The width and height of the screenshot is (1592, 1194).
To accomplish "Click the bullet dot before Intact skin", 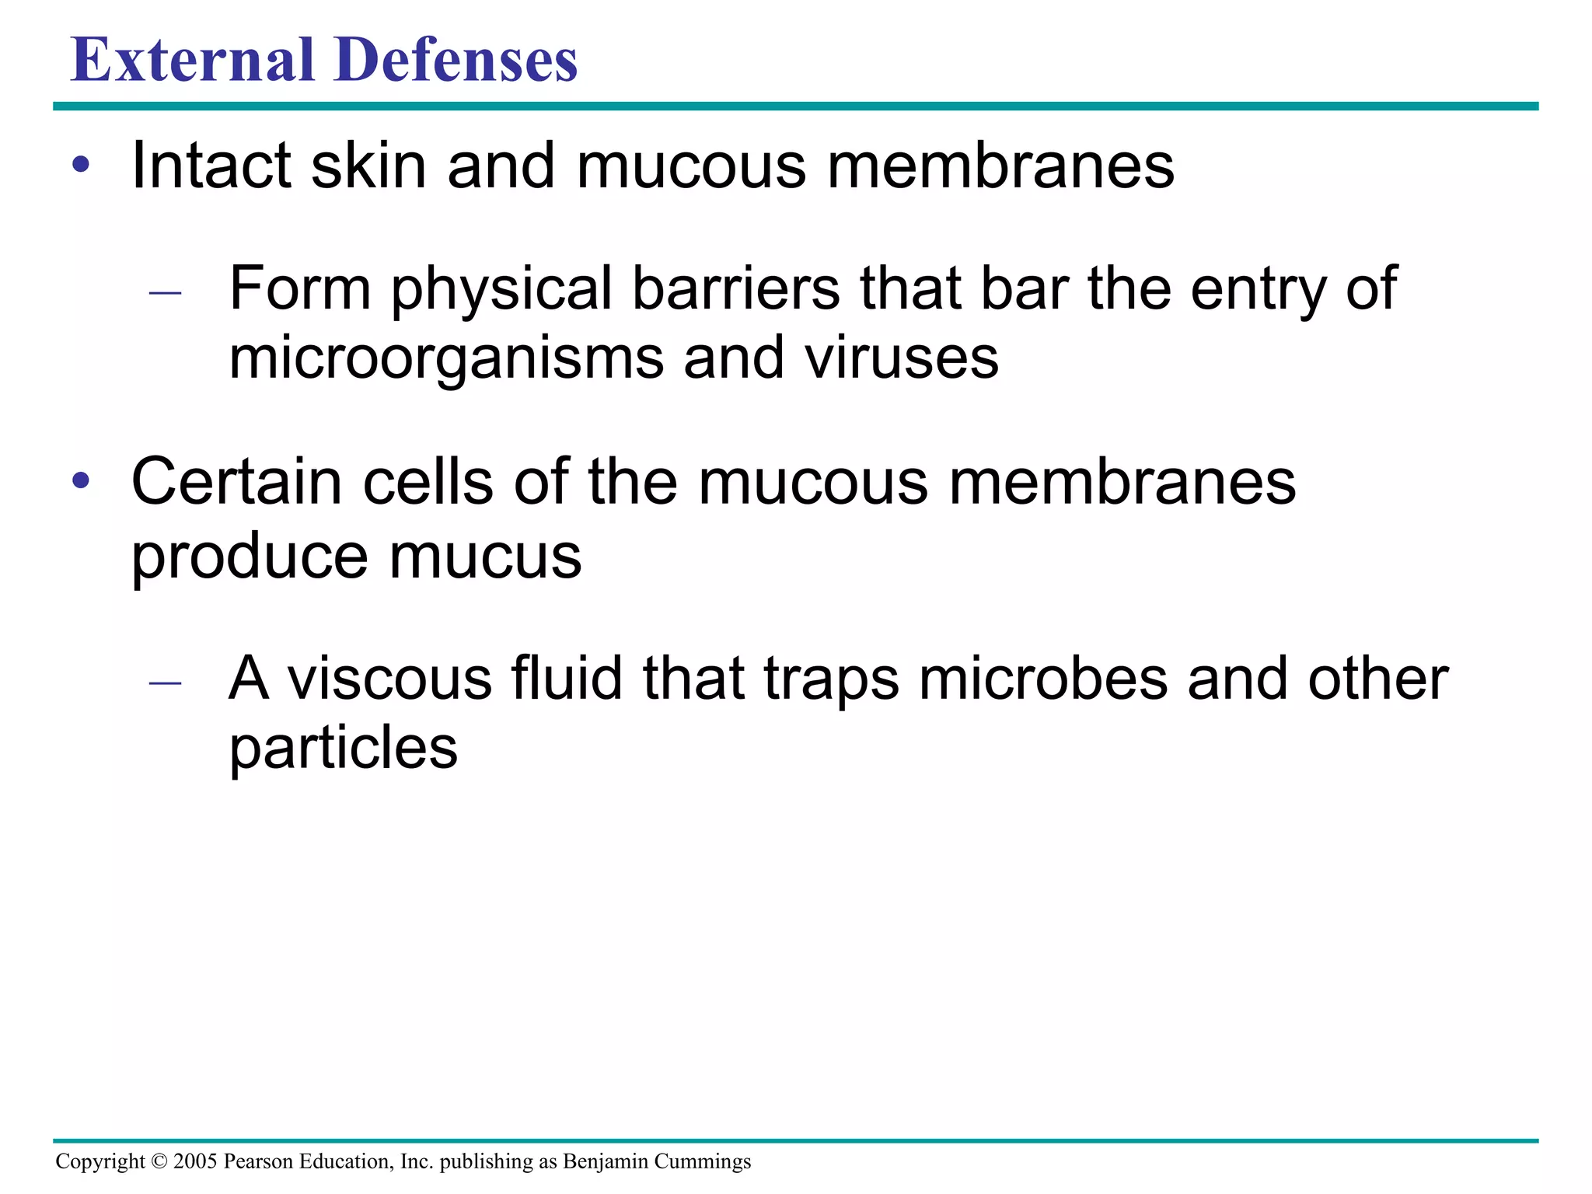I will [81, 166].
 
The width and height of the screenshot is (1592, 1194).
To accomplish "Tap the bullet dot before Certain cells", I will [81, 481].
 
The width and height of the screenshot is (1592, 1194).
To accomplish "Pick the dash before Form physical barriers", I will [165, 294].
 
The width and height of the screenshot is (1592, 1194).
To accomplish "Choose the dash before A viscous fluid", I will [165, 683].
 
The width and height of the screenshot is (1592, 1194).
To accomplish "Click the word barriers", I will [736, 288].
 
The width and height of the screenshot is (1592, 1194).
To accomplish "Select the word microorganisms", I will [447, 359].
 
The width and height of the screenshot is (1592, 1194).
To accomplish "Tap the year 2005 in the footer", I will [195, 1161].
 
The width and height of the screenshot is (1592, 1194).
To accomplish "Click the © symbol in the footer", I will [159, 1161].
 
